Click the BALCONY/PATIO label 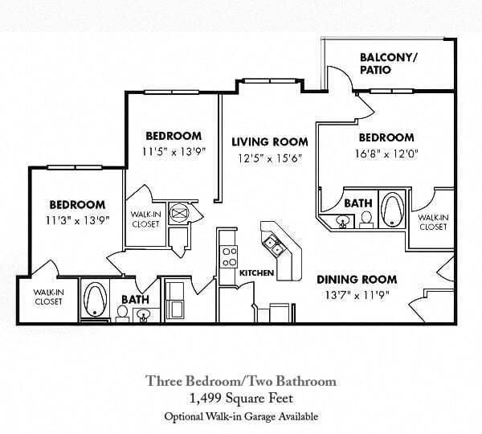(x=388, y=63)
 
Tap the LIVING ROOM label (x=265, y=142)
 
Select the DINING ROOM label (x=356, y=280)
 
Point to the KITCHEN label (x=257, y=273)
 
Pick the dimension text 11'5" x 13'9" (x=174, y=150)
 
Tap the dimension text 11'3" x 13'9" (x=77, y=219)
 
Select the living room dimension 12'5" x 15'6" (x=265, y=158)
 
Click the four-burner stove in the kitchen (x=228, y=256)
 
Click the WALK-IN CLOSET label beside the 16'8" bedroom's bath (x=431, y=222)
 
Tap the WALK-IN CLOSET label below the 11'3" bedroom (x=49, y=297)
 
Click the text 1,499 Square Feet (x=240, y=397)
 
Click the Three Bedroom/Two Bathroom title (x=240, y=380)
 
